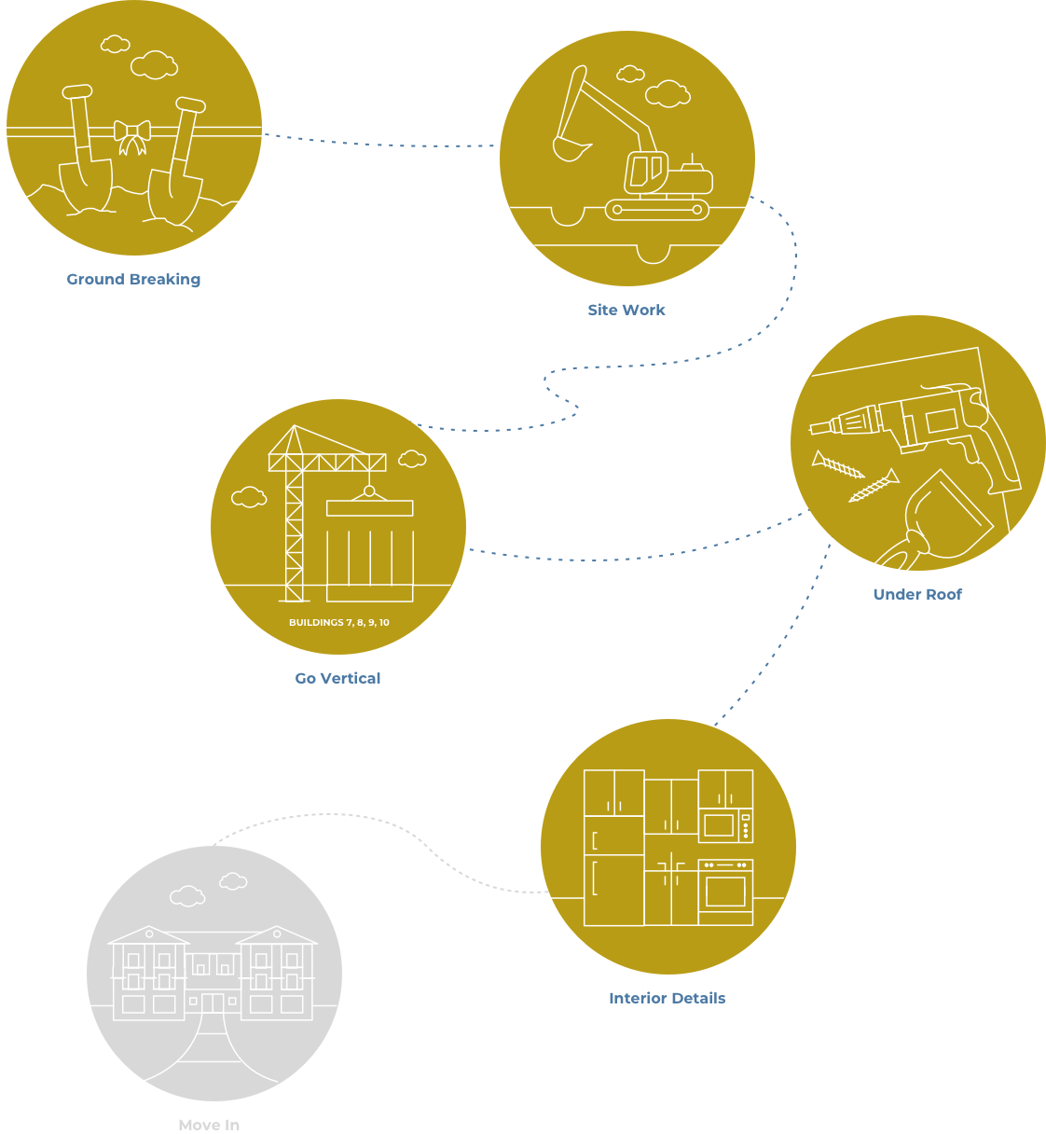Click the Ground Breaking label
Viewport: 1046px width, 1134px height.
click(133, 279)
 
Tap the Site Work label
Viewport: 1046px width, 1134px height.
click(626, 310)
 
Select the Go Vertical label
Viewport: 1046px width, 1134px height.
click(337, 678)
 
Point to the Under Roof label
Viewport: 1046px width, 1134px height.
click(917, 594)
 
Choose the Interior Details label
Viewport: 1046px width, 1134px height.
click(667, 998)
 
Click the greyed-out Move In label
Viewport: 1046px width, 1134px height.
click(209, 1125)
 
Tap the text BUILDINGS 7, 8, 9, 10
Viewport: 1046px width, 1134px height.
click(339, 622)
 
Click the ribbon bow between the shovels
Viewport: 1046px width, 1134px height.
click(132, 137)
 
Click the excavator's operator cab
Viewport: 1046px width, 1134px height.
click(646, 173)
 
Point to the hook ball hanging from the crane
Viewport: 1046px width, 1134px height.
click(369, 491)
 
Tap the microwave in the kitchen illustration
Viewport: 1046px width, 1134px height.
click(725, 825)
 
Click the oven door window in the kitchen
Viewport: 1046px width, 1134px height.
click(725, 892)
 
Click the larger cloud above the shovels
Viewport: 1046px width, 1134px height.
click(154, 64)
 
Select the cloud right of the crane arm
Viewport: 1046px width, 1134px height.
click(412, 459)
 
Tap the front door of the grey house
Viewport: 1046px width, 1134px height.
click(213, 1003)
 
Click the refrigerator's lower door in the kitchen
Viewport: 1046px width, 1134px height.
click(613, 890)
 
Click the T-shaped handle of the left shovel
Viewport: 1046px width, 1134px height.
click(77, 91)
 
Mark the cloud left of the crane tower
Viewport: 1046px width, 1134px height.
click(249, 497)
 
